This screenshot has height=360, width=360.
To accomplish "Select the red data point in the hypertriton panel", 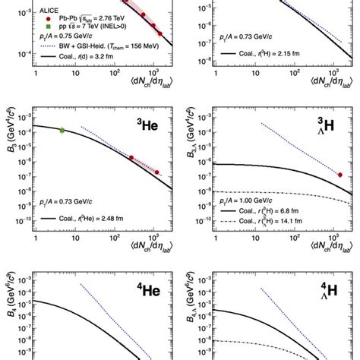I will pyautogui.click(x=339, y=175).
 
